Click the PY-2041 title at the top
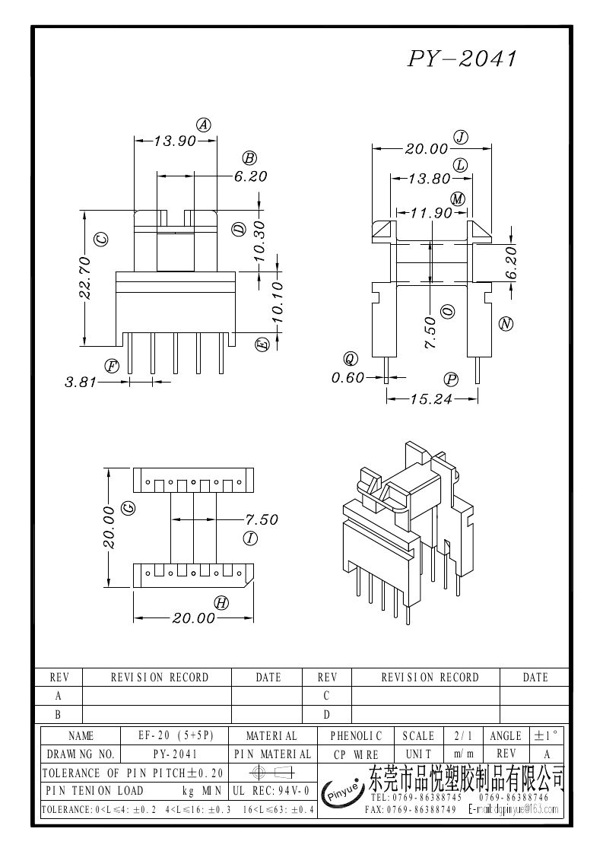coord(462,59)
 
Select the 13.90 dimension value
coord(175,141)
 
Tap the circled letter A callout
coord(204,125)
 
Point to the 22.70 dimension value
coord(85,278)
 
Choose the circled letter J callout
coord(460,137)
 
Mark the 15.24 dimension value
coord(430,398)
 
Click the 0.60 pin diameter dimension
coord(348,377)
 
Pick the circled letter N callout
coord(506,324)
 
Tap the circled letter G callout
coord(129,507)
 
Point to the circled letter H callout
coord(221,603)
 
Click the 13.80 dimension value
coord(430,179)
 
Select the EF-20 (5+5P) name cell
coord(176,736)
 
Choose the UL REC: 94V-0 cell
coord(272,792)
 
